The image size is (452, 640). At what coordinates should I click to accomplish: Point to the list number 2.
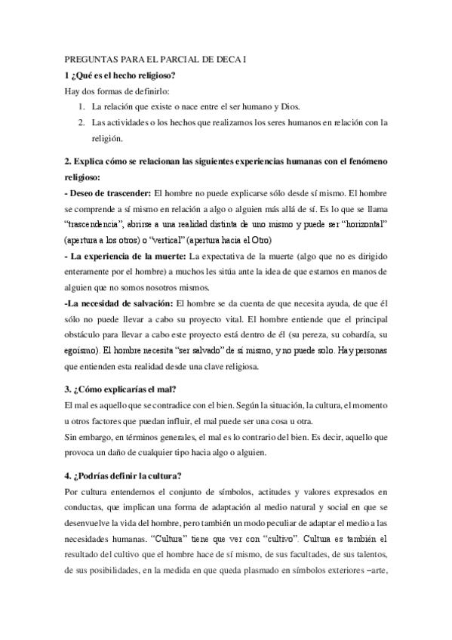(81, 123)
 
